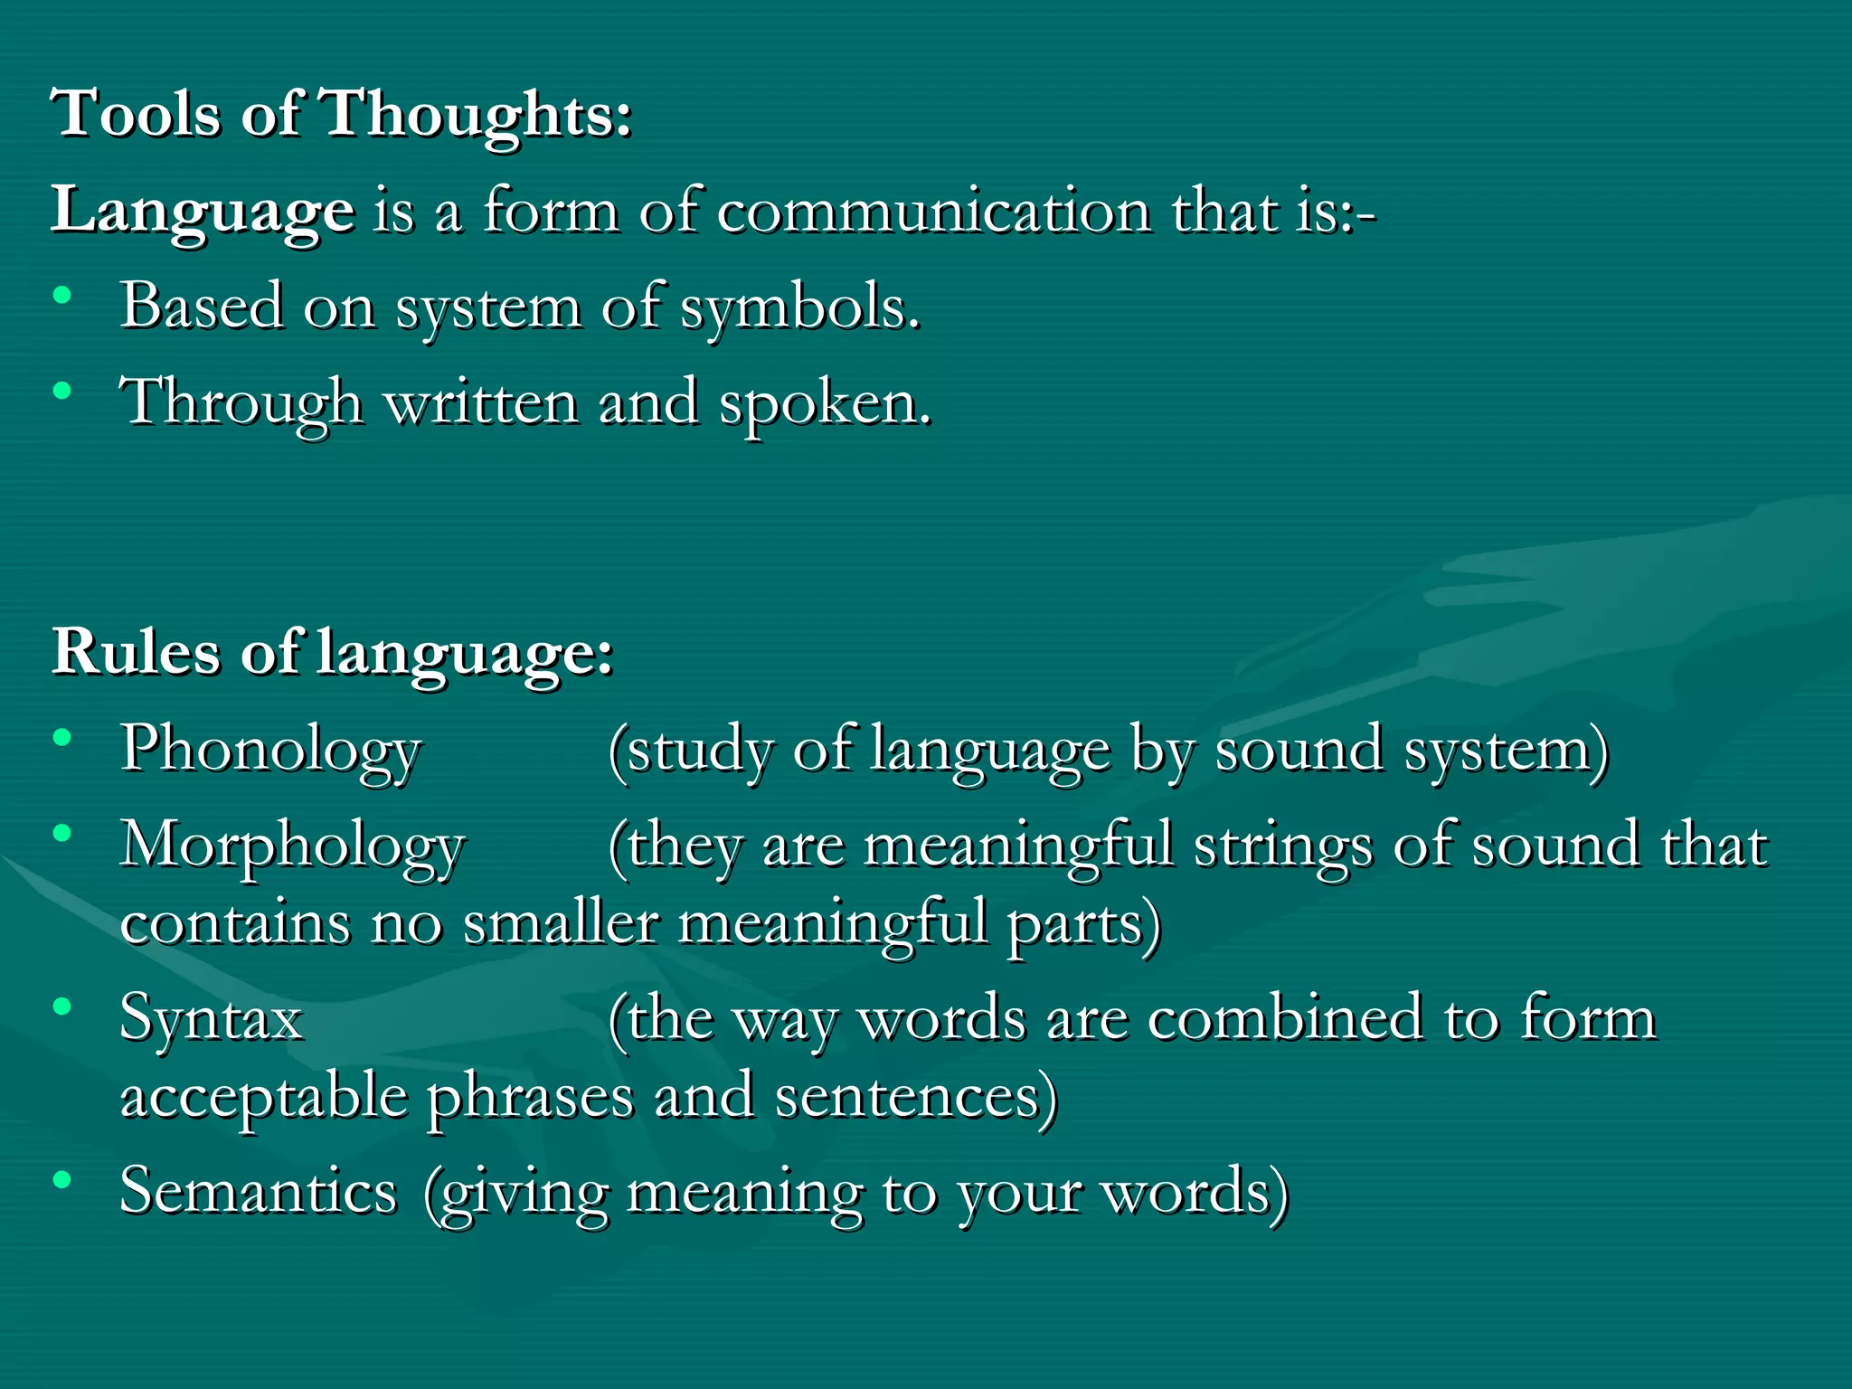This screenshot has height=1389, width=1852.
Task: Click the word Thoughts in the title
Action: [477, 116]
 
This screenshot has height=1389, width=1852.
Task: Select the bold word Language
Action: [203, 211]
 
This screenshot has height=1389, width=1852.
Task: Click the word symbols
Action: [800, 307]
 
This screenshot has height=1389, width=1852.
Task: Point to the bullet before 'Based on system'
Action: [62, 296]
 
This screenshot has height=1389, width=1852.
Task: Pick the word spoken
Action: [824, 403]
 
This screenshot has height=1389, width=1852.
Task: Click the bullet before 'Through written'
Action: [62, 392]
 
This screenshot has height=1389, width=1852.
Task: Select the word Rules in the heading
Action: [136, 651]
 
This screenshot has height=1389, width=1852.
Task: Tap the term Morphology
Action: [293, 846]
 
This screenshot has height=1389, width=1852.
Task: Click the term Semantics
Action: [259, 1192]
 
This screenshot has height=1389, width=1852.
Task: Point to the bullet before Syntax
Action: [62, 1006]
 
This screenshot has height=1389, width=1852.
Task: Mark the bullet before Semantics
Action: [62, 1179]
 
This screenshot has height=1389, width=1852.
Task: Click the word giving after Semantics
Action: [516, 1194]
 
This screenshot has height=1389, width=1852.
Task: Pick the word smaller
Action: [560, 924]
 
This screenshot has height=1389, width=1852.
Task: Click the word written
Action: [481, 403]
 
